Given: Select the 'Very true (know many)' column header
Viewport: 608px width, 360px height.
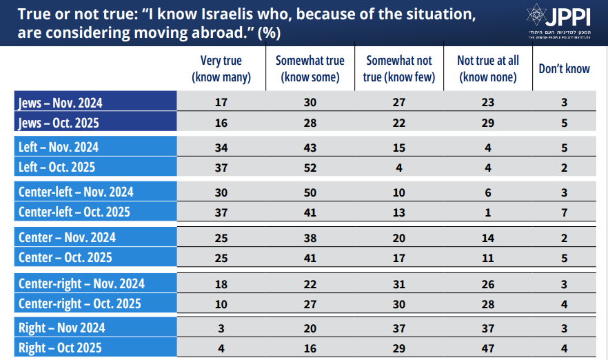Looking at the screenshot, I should tap(221, 69).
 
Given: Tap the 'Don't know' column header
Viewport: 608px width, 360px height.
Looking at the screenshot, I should tap(564, 69).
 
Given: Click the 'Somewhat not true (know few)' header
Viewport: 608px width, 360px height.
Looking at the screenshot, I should tap(399, 69).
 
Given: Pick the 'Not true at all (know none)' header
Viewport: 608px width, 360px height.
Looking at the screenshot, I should tap(488, 69).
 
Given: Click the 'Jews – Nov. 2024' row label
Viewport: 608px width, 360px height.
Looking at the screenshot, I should tap(60, 103).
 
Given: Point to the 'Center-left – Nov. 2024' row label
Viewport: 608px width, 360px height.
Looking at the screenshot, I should tap(77, 192).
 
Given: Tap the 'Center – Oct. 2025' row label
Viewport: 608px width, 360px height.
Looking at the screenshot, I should tap(66, 258).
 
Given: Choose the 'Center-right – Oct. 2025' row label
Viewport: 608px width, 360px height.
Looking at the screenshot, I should tap(80, 303).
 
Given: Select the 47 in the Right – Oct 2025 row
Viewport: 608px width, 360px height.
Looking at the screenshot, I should tap(488, 348).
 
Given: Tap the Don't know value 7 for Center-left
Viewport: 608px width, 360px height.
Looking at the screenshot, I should tap(564, 212).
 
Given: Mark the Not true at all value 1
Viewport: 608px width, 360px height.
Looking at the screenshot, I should tap(488, 212).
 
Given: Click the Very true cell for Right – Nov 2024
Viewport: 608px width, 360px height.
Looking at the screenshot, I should tap(221, 328).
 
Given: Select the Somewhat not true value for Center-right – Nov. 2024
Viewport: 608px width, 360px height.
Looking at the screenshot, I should tap(399, 283).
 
